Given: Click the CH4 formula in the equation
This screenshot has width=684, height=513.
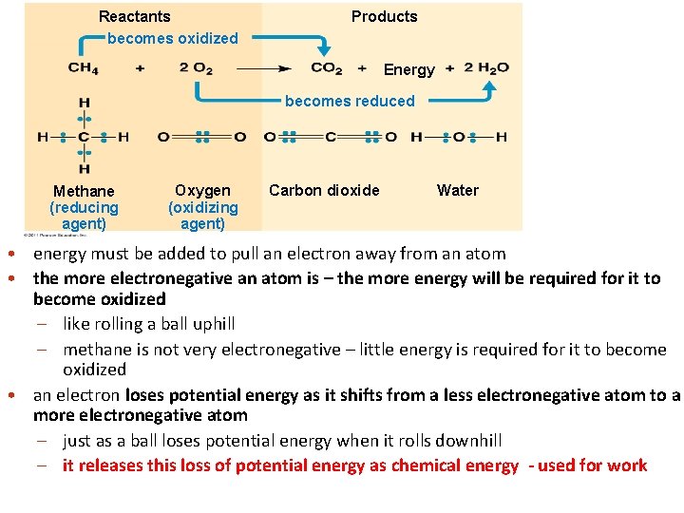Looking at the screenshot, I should [x=83, y=68].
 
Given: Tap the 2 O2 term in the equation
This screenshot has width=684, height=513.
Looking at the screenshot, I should [x=196, y=68].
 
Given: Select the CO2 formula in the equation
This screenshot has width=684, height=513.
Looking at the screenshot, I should [x=326, y=68].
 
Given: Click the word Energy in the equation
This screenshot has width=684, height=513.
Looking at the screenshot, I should [x=408, y=69].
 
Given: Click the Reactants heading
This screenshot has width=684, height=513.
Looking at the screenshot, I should [x=135, y=16].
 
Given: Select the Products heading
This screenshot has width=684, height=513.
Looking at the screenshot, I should [x=384, y=16].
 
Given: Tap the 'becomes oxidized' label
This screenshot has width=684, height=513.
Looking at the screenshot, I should [x=173, y=38].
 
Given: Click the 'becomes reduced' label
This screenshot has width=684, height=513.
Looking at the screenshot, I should [x=350, y=101].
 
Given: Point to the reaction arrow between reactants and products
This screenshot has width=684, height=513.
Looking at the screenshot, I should [x=263, y=68].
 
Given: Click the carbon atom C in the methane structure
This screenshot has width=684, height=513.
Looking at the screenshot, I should [x=84, y=137].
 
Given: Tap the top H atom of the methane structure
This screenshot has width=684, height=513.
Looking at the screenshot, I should [x=84, y=103].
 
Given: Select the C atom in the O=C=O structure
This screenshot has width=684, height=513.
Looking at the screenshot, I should [x=331, y=137].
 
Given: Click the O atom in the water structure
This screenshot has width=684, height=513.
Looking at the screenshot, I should [x=459, y=137].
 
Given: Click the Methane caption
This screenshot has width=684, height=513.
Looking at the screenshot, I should [x=84, y=191].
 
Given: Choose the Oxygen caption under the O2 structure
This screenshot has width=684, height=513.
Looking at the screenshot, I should [x=202, y=190].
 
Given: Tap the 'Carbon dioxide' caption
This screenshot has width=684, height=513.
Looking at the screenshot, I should [x=324, y=190].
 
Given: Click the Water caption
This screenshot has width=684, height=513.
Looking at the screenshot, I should [x=457, y=190].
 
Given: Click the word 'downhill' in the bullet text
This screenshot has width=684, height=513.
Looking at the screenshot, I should [x=468, y=441].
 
